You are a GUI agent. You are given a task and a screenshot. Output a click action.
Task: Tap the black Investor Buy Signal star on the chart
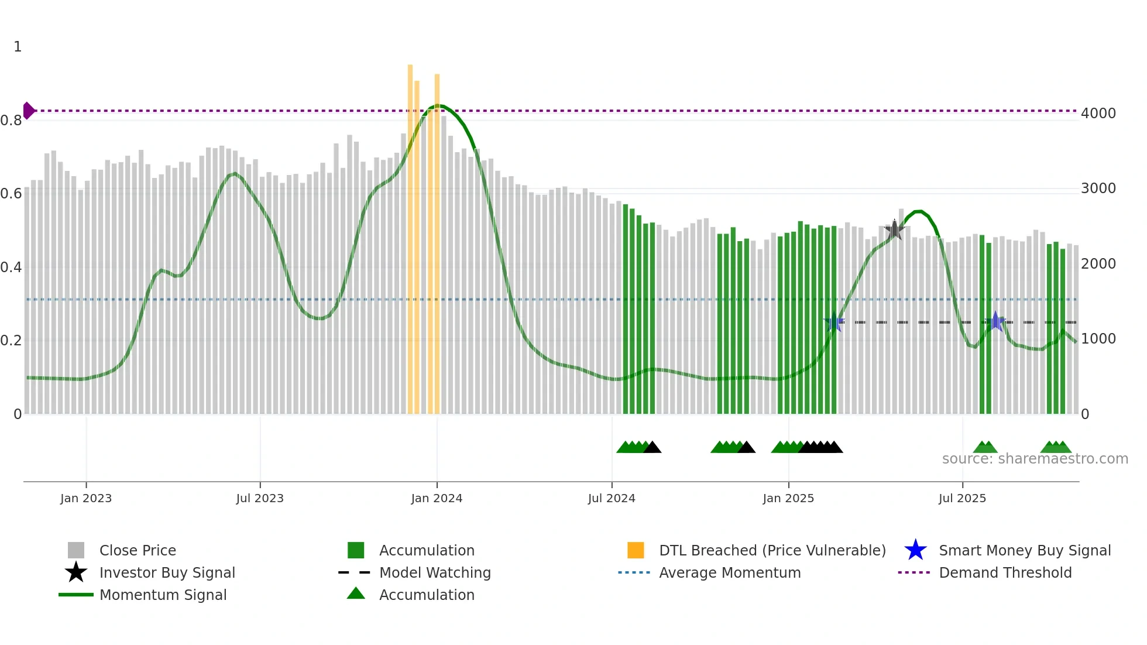coord(894,230)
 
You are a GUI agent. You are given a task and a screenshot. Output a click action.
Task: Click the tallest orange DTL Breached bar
coord(410,239)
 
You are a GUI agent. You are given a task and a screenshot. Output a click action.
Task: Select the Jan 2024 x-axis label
coord(437,498)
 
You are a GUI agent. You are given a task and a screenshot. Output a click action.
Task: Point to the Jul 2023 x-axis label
coord(260,498)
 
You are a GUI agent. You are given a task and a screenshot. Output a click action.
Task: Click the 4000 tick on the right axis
coord(1098,114)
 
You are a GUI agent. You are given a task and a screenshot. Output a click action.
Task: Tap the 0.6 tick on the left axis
coord(11,194)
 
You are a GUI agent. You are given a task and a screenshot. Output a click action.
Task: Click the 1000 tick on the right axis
coord(1098,339)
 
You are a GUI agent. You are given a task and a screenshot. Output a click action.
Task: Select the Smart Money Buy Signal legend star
coord(915,550)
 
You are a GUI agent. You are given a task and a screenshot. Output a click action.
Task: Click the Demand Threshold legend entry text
coord(1005,572)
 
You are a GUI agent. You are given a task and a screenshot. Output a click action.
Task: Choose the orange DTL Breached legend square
coord(636,550)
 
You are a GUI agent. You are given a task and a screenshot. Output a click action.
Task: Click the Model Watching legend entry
coord(435,572)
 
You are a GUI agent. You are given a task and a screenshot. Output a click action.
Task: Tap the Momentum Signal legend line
coord(76,595)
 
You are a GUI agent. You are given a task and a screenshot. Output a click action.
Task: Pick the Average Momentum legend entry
coord(729,572)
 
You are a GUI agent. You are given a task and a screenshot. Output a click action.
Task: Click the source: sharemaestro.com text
coord(1035,459)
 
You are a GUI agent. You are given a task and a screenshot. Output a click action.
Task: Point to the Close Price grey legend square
coord(76,550)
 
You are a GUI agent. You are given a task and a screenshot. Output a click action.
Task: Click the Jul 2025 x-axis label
coord(962,498)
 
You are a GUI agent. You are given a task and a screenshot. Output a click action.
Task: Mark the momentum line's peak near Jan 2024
coord(438,105)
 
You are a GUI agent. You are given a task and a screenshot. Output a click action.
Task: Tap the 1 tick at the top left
coord(18,47)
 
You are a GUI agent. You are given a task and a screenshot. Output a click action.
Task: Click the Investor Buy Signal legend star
coord(76,572)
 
